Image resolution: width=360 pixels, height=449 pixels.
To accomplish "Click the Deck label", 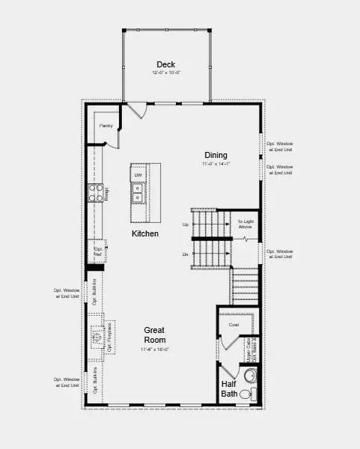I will pyautogui.click(x=166, y=64).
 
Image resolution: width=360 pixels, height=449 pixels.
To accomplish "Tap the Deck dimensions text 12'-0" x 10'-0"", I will pyautogui.click(x=166, y=73).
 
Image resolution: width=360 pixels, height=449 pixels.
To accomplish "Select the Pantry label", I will pyautogui.click(x=106, y=126).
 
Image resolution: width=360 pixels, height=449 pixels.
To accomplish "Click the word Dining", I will pyautogui.click(x=216, y=156).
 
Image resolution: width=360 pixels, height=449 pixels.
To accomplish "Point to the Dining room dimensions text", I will pyautogui.click(x=216, y=164).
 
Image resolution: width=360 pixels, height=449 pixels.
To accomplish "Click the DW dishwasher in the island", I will pyautogui.click(x=138, y=176).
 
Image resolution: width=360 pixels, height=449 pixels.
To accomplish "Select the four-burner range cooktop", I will pyautogui.click(x=96, y=193).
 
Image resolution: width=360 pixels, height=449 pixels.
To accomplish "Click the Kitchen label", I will pyautogui.click(x=145, y=234).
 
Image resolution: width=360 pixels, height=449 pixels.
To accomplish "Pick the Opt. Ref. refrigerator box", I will pyautogui.click(x=97, y=250).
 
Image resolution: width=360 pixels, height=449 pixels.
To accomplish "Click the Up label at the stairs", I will pyautogui.click(x=185, y=224).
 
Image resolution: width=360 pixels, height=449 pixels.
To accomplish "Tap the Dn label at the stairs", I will pyautogui.click(x=185, y=254).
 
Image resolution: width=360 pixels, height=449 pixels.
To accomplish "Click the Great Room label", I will pyautogui.click(x=154, y=335).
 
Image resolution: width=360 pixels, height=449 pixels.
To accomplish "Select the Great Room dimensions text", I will pyautogui.click(x=154, y=349).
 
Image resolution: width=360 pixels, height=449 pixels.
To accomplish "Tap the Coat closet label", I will pyautogui.click(x=234, y=325).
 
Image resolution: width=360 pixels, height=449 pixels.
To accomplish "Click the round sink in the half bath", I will pyautogui.click(x=252, y=375).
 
